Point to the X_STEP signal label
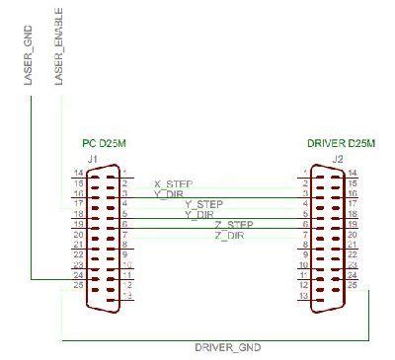(x=174, y=183)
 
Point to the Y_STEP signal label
(x=204, y=204)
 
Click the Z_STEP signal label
(x=233, y=225)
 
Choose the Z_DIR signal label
(x=229, y=235)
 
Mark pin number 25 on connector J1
(x=77, y=286)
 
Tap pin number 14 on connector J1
(x=77, y=173)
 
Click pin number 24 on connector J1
(x=77, y=276)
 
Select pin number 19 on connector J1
(x=77, y=224)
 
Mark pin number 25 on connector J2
(x=354, y=286)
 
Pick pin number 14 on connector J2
(x=353, y=173)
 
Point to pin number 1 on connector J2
(x=306, y=173)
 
